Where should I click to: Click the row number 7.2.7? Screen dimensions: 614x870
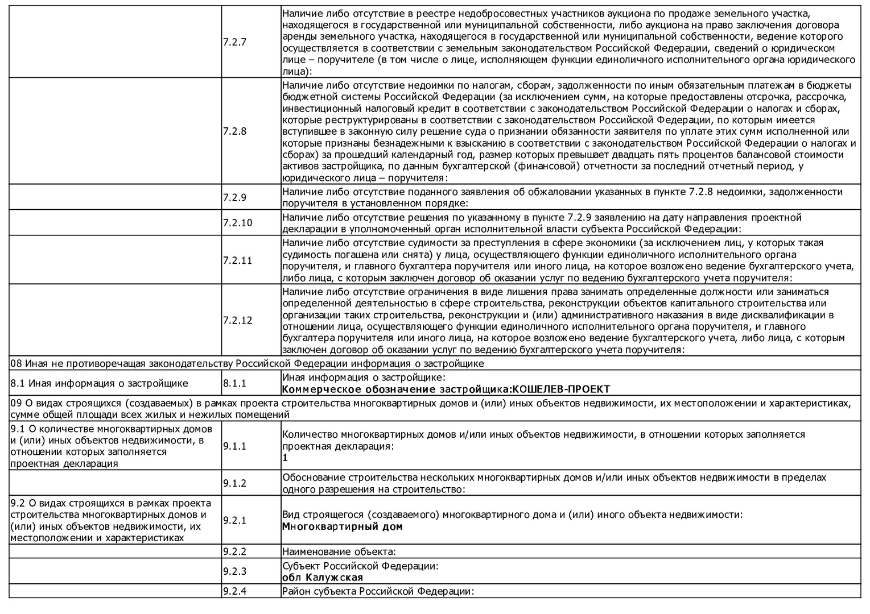click(234, 42)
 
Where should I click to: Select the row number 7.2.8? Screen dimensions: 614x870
click(234, 131)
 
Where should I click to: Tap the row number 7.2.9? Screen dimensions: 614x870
click(234, 197)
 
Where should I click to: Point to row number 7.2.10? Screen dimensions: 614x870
click(237, 223)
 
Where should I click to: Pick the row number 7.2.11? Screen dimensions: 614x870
click(237, 260)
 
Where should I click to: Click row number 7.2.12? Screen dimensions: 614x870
click(237, 320)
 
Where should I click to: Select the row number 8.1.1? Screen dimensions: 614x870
click(234, 383)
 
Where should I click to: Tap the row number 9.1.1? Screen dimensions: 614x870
click(234, 446)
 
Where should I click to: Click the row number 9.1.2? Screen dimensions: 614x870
click(234, 483)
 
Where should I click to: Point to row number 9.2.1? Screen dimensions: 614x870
click(234, 520)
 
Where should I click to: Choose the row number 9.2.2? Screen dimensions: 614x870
click(234, 551)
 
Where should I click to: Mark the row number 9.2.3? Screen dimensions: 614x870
click(234, 571)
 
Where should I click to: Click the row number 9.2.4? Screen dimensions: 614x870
click(234, 591)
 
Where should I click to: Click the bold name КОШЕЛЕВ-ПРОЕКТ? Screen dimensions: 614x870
click(561, 389)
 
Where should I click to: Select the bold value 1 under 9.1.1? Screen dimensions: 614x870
click(285, 458)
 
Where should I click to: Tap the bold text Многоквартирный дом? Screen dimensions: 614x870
click(342, 526)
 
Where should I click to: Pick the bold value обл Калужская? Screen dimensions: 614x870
click(323, 578)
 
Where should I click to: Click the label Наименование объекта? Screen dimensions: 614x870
click(339, 551)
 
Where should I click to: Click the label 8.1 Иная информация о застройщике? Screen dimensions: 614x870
click(99, 383)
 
